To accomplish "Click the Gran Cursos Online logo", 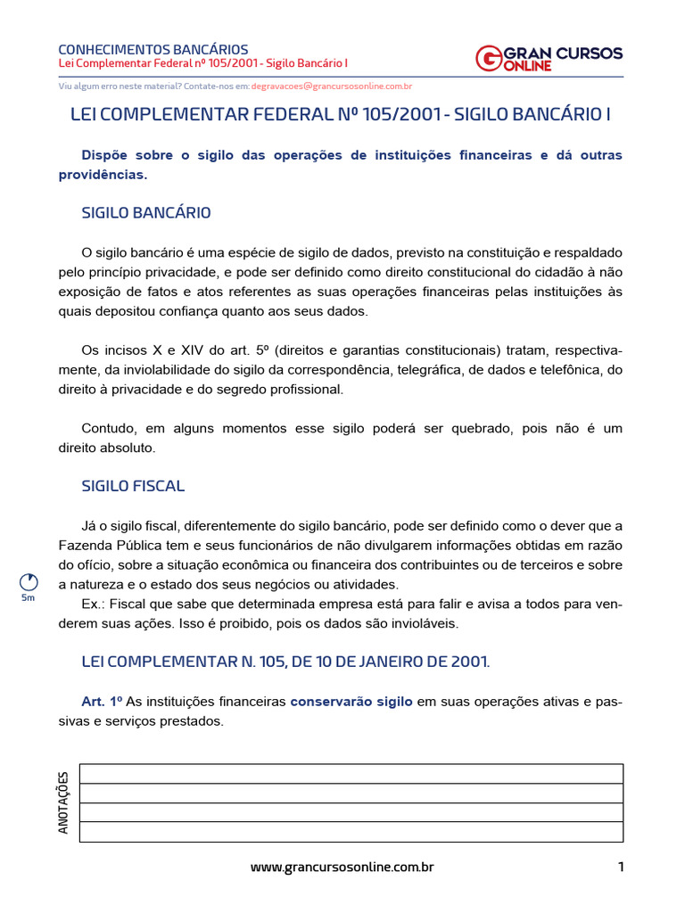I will pos(549,58).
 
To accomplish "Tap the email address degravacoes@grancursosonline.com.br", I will pos(331,86).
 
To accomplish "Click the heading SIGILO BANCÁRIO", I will pos(146,213).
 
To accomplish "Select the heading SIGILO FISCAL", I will pos(133,486).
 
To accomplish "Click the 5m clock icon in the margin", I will pos(29,582).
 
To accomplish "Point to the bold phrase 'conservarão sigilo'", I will pos(351,702).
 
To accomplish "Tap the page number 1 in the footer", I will pos(620,867).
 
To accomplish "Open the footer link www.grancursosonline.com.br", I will pos(342,867).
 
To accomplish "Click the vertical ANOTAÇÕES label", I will pos(63,802).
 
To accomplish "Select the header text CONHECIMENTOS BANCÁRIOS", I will pos(153,49).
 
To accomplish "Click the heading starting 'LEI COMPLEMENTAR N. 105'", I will pos(285,662).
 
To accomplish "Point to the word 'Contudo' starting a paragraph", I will pos(105,429).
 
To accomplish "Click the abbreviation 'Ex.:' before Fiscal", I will pos(95,605).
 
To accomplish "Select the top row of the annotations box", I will pos(351,774).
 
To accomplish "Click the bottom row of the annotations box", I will pos(351,831).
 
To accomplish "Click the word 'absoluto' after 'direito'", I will pos(129,448).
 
